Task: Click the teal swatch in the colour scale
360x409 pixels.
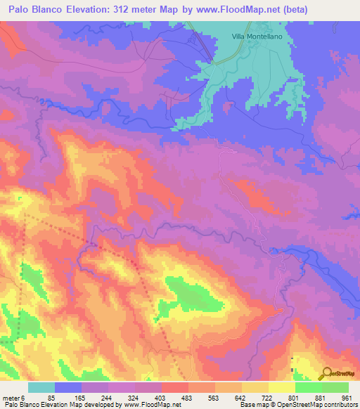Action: pyautogui.click(x=41, y=388)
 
